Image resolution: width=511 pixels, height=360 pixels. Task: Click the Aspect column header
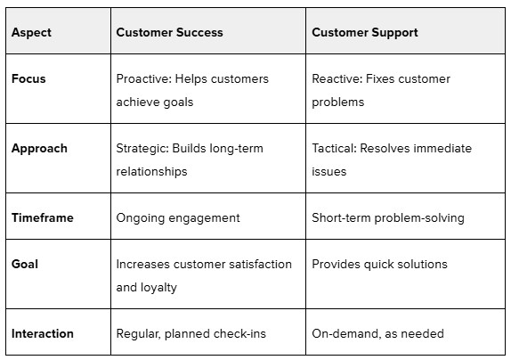point(31,33)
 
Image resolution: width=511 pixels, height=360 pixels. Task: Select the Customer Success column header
point(169,32)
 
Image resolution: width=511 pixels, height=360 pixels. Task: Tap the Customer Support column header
point(365,33)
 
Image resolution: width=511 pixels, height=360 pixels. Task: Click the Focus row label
point(28,78)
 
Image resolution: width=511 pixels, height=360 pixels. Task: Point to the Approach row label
point(39,149)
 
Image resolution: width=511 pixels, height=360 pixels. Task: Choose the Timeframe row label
point(43,217)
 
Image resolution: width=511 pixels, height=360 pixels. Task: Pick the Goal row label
point(25,264)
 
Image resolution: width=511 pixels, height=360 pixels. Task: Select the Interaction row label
point(43,333)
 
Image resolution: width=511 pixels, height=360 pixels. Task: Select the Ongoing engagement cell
point(178,218)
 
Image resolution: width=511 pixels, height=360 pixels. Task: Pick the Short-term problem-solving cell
point(388,218)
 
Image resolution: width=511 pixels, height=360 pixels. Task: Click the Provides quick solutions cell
point(379,264)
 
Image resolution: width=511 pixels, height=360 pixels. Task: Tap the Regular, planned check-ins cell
point(191,334)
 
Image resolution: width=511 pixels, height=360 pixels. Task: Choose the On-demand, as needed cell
point(377,333)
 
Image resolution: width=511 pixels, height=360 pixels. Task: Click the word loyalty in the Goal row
point(158,288)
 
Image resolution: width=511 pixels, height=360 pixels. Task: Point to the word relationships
point(151,172)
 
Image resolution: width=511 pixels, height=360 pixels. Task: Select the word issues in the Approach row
point(328,171)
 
